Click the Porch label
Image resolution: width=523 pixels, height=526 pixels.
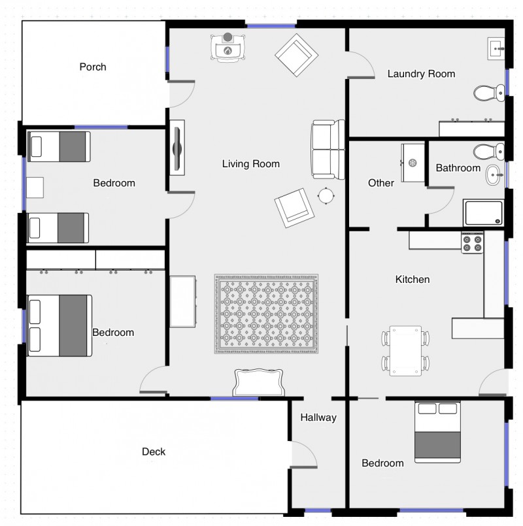(93, 67)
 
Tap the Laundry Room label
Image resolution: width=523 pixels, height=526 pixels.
(421, 74)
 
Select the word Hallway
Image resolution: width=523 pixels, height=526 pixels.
(318, 418)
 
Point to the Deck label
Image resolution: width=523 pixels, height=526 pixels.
(154, 452)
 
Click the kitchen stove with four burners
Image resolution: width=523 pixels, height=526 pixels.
(472, 243)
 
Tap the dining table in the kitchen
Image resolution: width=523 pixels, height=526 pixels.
(405, 350)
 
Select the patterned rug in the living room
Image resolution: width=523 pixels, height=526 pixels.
(266, 314)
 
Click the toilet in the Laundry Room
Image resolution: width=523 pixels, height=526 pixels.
(489, 93)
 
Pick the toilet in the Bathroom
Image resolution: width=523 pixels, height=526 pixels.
(489, 152)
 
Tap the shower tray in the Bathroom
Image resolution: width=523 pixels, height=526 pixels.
(483, 213)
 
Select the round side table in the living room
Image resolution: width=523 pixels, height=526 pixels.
(326, 195)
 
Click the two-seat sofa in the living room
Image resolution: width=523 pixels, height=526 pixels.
(328, 149)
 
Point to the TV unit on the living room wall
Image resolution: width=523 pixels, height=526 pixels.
(177, 148)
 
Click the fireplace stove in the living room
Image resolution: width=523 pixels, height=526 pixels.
(228, 48)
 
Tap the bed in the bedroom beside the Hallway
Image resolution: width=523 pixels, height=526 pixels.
(437, 432)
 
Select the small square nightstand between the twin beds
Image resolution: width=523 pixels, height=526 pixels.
(35, 188)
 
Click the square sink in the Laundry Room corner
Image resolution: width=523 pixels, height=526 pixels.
(496, 48)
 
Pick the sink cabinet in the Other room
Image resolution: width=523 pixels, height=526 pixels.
(413, 163)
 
